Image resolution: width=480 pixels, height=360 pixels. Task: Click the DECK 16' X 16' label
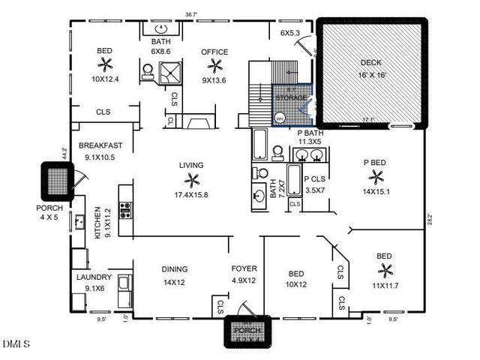pos(370,68)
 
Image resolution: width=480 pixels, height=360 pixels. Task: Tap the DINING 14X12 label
pos(174,275)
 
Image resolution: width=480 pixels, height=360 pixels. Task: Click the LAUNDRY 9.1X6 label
pos(94,282)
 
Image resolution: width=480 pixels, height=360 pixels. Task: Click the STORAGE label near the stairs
pos(291,97)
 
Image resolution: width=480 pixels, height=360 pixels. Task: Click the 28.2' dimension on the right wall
pos(430,220)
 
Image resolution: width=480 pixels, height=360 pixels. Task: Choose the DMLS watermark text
pos(16,344)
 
